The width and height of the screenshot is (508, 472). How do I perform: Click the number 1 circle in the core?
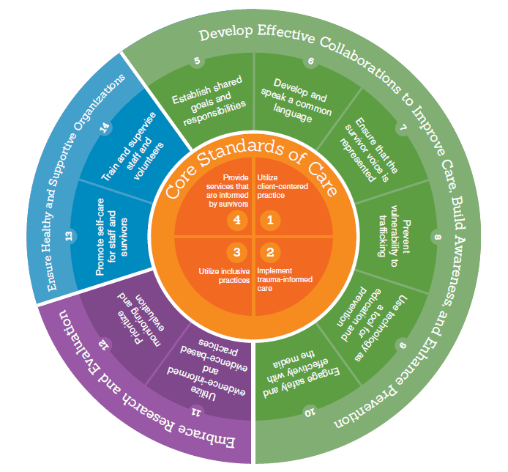point(270,218)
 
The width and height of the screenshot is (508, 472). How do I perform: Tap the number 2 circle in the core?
point(270,252)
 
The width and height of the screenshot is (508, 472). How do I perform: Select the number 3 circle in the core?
point(236,252)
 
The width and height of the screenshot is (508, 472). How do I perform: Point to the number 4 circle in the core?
point(236,218)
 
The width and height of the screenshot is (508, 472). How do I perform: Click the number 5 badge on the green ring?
point(196,62)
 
